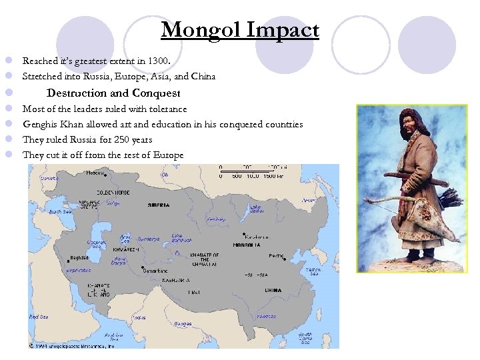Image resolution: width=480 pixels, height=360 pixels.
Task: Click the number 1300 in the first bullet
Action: tap(159, 61)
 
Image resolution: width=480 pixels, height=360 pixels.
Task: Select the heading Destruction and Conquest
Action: tap(113, 93)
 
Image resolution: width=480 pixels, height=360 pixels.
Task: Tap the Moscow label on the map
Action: tap(95, 173)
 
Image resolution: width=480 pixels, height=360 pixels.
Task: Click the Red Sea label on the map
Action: tap(39, 316)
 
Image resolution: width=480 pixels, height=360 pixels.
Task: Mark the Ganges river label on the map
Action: tap(183, 324)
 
